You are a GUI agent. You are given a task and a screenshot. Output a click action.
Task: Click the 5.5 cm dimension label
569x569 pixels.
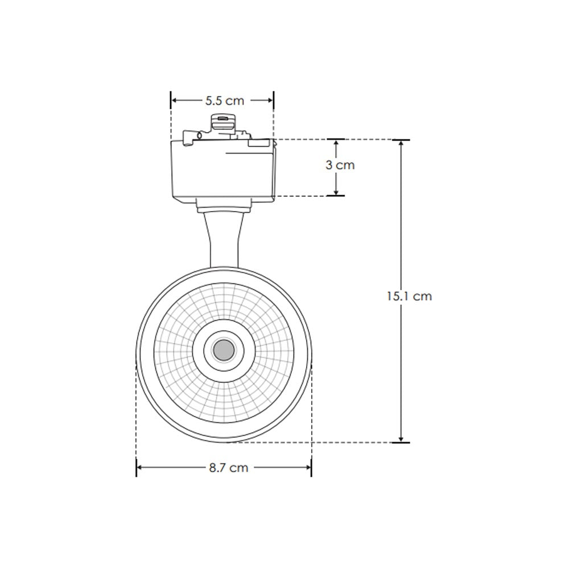tap(224, 101)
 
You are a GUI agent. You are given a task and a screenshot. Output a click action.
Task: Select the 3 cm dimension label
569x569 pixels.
tap(340, 165)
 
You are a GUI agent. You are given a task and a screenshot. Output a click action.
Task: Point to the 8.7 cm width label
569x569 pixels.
tap(228, 468)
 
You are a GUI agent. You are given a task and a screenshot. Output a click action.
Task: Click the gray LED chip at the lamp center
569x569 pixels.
tap(223, 349)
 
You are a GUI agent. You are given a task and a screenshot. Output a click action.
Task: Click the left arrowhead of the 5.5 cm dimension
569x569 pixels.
tap(174, 100)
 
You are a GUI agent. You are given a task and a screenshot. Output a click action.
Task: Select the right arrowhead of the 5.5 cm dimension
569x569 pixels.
tap(270, 100)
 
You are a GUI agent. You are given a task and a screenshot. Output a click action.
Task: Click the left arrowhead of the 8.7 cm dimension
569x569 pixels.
tap(140, 468)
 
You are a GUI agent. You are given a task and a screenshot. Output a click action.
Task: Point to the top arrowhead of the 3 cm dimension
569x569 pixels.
tap(336, 143)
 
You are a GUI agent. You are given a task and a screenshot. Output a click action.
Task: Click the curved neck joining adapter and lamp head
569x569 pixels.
tap(224, 239)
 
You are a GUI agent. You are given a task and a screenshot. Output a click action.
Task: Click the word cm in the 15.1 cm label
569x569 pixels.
tap(422, 296)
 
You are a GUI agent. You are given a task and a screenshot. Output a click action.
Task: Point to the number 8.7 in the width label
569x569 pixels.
tap(216, 468)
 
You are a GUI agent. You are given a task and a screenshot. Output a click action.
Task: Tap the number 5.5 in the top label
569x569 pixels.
tap(213, 101)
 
